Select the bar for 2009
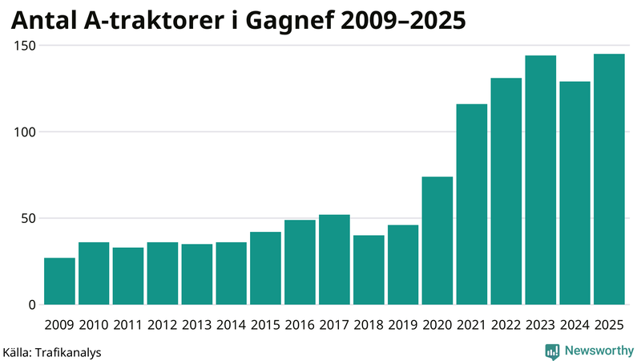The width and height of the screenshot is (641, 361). pyautogui.click(x=60, y=281)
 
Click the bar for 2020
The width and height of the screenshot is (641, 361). pyautogui.click(x=437, y=241)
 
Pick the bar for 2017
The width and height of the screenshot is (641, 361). pyautogui.click(x=334, y=260)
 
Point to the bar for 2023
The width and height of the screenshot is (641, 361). pyautogui.click(x=541, y=180)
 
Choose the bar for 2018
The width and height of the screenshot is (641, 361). pyautogui.click(x=369, y=270)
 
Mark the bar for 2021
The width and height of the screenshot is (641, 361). pyautogui.click(x=472, y=205)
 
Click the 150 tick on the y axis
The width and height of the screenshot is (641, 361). pyautogui.click(x=26, y=46)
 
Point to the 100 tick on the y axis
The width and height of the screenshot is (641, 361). pyautogui.click(x=26, y=132)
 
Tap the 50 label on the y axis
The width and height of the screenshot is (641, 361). pyautogui.click(x=29, y=218)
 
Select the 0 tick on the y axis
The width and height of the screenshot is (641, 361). pyautogui.click(x=33, y=305)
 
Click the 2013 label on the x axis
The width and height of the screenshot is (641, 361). pyautogui.click(x=197, y=325)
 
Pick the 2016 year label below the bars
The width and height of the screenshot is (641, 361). pyautogui.click(x=300, y=325)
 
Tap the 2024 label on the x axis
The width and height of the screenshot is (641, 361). pyautogui.click(x=574, y=325)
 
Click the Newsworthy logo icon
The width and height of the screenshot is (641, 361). pyautogui.click(x=552, y=351)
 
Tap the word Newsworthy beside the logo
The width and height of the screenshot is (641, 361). pyautogui.click(x=599, y=351)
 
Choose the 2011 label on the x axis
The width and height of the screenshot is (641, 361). pyautogui.click(x=128, y=325)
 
